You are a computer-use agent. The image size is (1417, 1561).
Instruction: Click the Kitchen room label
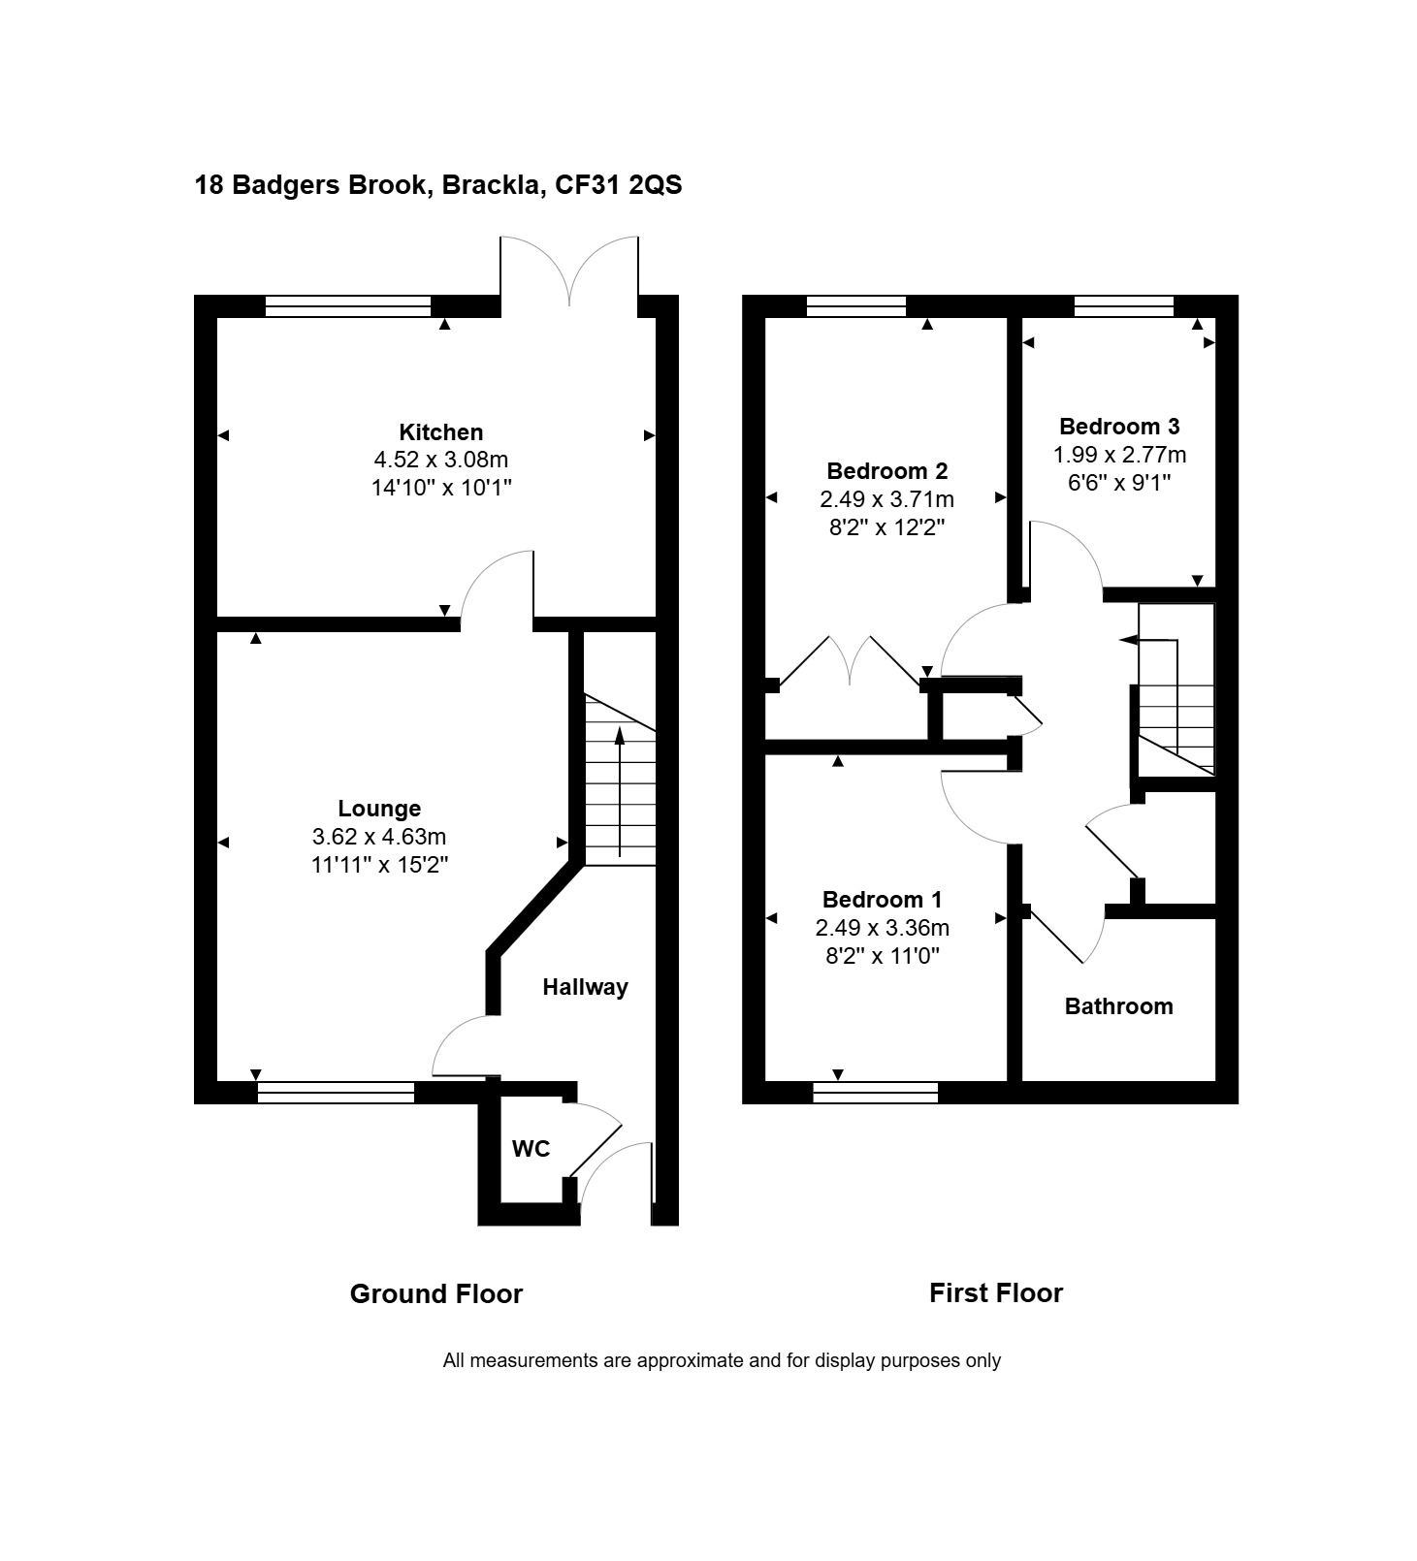coord(440,432)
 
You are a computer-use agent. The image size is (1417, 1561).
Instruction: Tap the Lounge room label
coord(379,809)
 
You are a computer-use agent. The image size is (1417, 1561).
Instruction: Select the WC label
coord(531,1149)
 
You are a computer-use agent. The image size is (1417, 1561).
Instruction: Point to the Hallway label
coord(585,987)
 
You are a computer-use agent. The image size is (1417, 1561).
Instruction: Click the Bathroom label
coord(1118,1006)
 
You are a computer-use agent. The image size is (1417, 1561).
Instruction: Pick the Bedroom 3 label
coord(1119,427)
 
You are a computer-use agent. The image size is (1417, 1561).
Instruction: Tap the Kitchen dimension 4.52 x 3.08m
coord(441,460)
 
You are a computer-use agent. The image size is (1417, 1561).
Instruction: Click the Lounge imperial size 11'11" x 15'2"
coord(379,864)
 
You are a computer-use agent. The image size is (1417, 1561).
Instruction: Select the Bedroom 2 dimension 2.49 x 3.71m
coord(886,499)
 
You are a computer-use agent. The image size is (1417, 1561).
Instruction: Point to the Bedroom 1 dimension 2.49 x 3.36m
coord(882,928)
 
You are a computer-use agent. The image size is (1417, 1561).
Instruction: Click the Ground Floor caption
coord(435,1294)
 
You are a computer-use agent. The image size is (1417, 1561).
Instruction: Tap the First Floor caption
coord(996,1293)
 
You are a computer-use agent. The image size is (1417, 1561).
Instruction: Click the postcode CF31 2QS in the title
coord(618,184)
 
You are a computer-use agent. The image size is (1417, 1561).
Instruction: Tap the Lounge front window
coord(336,1093)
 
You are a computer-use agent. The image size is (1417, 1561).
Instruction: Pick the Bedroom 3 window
coord(1124,306)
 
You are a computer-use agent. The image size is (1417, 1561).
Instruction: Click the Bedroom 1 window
coord(876,1093)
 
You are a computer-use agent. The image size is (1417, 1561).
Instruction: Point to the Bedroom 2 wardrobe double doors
coord(850,661)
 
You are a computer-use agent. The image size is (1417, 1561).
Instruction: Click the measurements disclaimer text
coord(722,1360)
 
